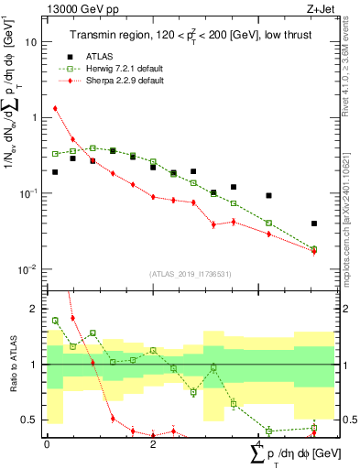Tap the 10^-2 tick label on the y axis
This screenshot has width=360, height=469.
[x=28, y=269]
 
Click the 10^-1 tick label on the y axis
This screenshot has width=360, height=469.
[x=28, y=193]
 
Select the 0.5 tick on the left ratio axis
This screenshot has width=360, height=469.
[x=32, y=420]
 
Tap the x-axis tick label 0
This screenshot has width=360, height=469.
[x=47, y=444]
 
